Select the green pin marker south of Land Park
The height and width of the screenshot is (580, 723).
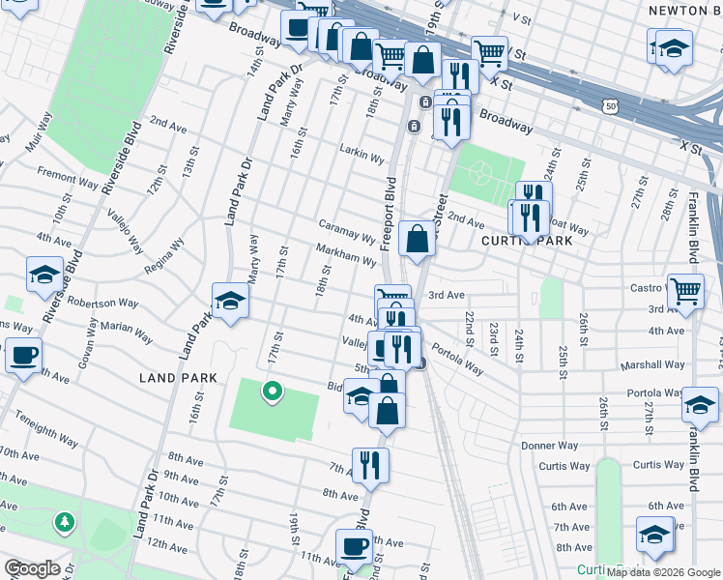click(273, 391)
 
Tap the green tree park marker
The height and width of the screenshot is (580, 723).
click(65, 522)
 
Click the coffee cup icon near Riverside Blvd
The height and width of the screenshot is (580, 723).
click(24, 354)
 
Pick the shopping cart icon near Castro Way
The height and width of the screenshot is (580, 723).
click(684, 288)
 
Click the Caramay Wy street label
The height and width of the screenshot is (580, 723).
click(347, 231)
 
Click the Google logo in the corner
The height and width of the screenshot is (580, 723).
click(32, 568)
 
